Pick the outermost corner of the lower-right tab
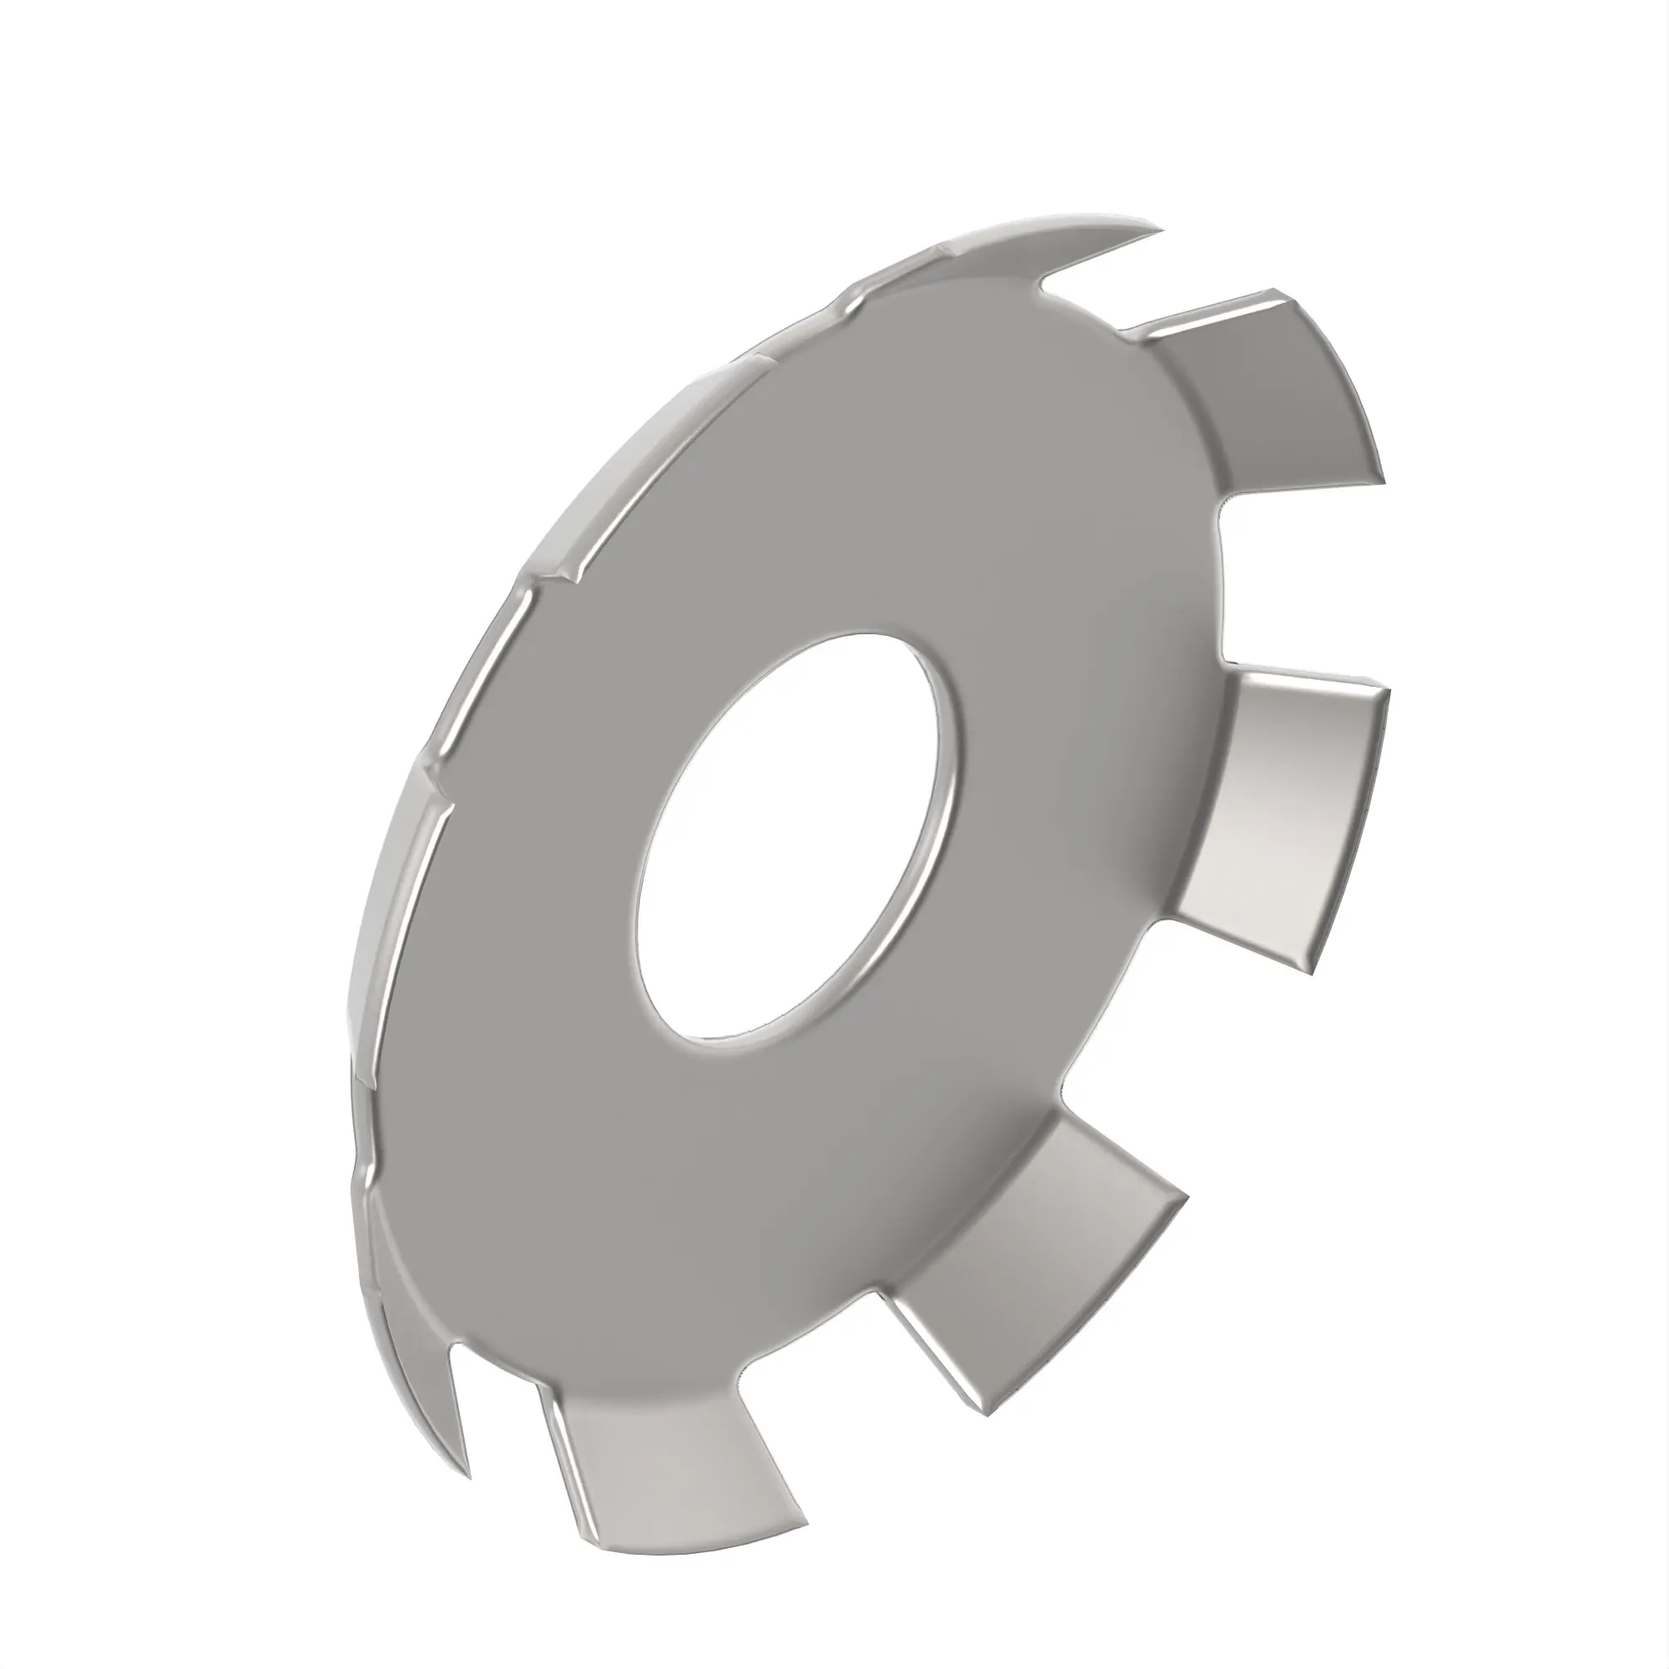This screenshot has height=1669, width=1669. click(1188, 1197)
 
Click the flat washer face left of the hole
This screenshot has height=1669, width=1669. click(536, 864)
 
